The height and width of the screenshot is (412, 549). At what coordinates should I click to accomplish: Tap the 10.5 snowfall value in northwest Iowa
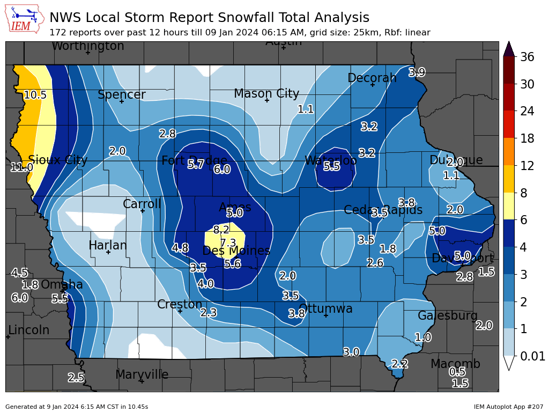coord(35,95)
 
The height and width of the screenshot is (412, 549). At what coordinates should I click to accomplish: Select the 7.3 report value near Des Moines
coord(228,242)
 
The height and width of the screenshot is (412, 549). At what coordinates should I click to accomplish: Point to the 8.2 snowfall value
coord(221,230)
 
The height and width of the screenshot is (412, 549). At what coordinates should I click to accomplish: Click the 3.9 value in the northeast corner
coord(417,72)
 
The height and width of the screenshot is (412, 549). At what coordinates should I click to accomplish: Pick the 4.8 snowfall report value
coord(180,248)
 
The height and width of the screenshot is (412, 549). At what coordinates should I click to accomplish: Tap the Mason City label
coord(266,94)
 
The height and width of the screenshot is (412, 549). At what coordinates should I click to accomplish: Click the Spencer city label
coord(121,95)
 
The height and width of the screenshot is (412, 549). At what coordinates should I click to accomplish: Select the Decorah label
coord(372,78)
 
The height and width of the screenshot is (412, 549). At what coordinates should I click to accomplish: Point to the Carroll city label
coord(142,204)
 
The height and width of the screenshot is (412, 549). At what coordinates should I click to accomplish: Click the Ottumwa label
coord(325,309)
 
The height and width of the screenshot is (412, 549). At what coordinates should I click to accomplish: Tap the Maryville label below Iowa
coord(142,374)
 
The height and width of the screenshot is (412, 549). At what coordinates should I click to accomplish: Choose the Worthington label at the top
coord(87,46)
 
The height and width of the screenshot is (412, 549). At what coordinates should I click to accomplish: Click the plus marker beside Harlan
coord(108,252)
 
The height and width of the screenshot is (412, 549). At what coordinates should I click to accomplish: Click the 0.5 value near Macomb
coord(457,372)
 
